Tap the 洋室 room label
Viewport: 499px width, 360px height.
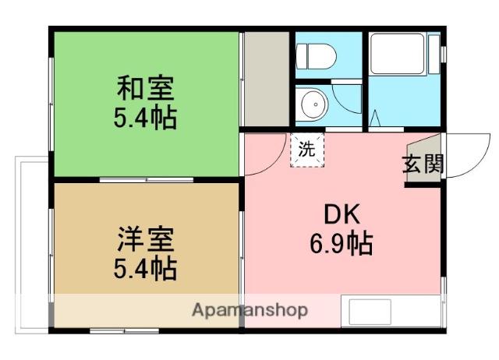(145, 236)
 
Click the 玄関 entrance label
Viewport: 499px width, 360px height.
(423, 164)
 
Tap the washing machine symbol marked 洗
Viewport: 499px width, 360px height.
(306, 150)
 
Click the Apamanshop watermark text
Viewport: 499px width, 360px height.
(249, 310)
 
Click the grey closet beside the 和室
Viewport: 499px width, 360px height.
(265, 79)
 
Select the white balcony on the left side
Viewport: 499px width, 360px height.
(32, 242)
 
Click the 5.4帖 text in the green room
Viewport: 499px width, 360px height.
(145, 118)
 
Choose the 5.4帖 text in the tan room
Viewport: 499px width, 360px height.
(145, 269)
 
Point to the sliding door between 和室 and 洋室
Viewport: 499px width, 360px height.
(146, 180)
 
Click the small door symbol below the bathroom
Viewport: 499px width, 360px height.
(374, 121)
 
